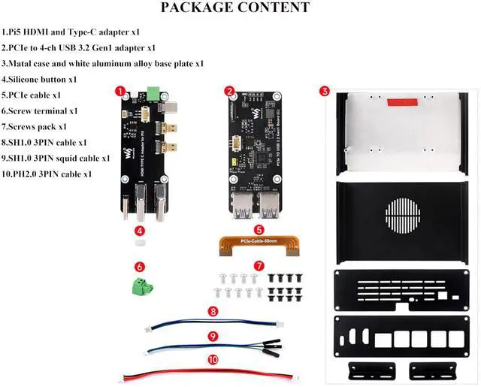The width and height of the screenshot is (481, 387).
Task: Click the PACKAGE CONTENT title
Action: (x=235, y=8)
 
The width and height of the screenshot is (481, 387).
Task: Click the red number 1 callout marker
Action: (x=119, y=91)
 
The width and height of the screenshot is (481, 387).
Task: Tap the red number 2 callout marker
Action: (x=229, y=91)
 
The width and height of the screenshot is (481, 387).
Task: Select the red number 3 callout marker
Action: (x=324, y=92)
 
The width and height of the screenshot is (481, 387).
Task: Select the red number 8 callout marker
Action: (x=213, y=311)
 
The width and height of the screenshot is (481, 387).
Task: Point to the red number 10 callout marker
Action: (x=213, y=360)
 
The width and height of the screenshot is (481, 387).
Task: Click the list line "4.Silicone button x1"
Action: (x=40, y=80)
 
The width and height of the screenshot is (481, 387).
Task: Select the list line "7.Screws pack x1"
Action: (x=35, y=127)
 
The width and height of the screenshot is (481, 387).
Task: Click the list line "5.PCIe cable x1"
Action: (x=32, y=95)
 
